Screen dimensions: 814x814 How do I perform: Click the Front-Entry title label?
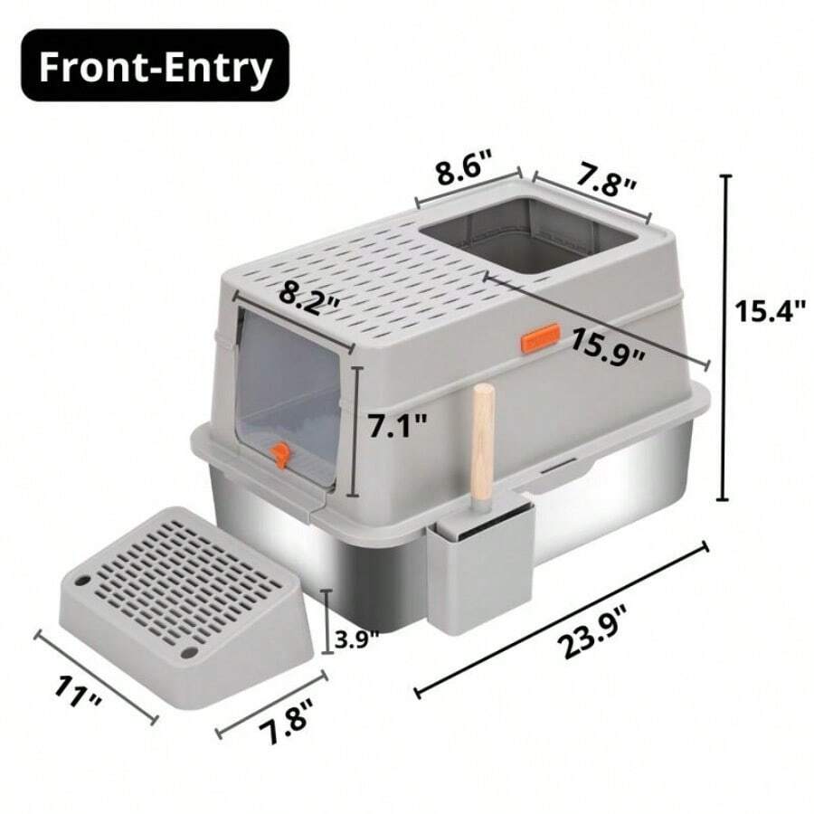pos(153,69)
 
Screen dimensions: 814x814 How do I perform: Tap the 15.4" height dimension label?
pos(769,312)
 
